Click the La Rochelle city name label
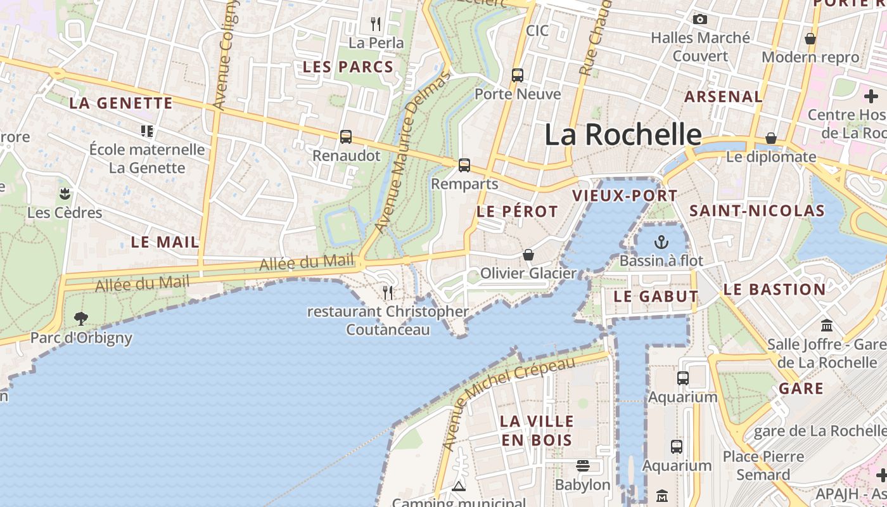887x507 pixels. [x=623, y=135]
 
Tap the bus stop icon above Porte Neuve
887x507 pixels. [x=518, y=75]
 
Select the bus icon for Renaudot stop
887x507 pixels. [x=346, y=137]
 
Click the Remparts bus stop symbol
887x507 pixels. [x=464, y=165]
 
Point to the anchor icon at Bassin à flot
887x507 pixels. [x=661, y=242]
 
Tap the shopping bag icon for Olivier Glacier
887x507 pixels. [x=528, y=255]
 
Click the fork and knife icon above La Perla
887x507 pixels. [x=376, y=24]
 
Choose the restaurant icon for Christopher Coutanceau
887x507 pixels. [x=388, y=292]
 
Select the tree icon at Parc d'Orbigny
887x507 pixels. [x=81, y=319]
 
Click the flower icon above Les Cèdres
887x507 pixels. [x=65, y=193]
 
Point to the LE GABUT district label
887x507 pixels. [x=656, y=297]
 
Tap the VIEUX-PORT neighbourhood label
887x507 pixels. [x=625, y=196]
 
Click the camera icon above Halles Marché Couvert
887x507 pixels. [x=700, y=20]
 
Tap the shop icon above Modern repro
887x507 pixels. [x=810, y=39]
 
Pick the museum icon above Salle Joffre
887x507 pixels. [x=827, y=326]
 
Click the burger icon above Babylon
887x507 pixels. [x=583, y=466]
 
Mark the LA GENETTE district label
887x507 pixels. [x=120, y=103]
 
